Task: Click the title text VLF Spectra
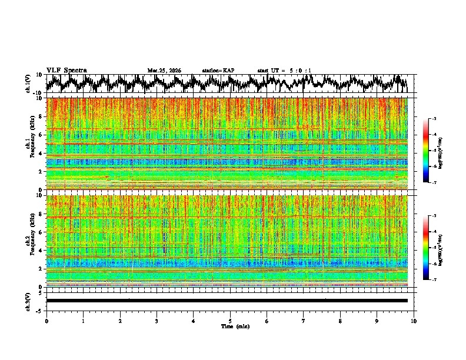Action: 66,70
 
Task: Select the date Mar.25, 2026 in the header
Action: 164,71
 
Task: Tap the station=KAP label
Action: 218,71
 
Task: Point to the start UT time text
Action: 284,71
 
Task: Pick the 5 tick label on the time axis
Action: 231,321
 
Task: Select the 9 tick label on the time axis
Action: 378,321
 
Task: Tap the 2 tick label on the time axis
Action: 120,321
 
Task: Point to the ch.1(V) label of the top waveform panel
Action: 28,84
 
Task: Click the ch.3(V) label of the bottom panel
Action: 28,301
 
